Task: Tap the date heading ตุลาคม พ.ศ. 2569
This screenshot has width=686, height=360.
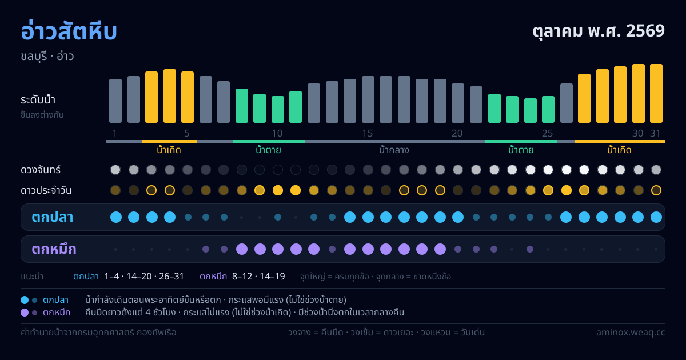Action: point(599,31)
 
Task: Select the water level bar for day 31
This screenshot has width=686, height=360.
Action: point(656,93)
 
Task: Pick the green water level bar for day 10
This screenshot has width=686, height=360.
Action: point(278,109)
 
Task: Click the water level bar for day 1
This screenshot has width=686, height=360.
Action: point(115,101)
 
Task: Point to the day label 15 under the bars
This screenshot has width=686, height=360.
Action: point(368,133)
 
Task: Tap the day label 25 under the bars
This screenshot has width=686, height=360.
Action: point(548,133)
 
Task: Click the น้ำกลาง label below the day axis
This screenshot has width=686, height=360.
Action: point(394,150)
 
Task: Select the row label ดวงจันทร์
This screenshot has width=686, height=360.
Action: point(41,170)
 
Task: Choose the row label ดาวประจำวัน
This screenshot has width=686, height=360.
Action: point(46,190)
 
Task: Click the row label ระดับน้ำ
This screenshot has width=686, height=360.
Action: point(38,100)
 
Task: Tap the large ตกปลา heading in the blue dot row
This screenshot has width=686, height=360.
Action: point(53,217)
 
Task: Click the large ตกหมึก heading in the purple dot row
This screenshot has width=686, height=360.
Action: point(54,249)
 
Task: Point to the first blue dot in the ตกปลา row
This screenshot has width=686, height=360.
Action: point(115,217)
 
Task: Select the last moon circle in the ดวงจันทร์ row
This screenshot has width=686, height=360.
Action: point(656,170)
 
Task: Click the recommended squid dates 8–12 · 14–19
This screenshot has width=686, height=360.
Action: point(258,277)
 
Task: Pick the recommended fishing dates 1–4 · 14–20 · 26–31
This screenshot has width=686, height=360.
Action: point(144,277)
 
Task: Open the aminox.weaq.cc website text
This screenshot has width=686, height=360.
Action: point(631,333)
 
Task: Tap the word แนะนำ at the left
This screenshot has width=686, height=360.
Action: point(32,277)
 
